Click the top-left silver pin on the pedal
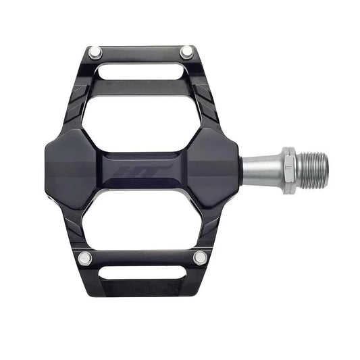pyautogui.click(x=95, y=51)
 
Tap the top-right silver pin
pyautogui.click(x=186, y=51)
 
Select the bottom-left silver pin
pyautogui.click(x=84, y=257)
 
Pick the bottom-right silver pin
pyautogui.click(x=199, y=257)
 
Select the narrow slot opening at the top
pyautogui.click(x=140, y=70)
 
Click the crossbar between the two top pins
pyautogui.click(x=140, y=53)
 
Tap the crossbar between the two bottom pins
pyautogui.click(x=142, y=257)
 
